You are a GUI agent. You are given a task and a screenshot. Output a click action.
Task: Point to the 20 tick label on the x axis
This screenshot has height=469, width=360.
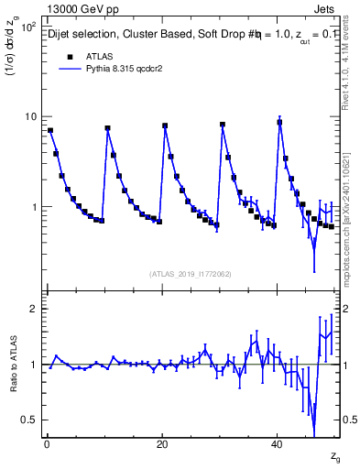tap(162, 444)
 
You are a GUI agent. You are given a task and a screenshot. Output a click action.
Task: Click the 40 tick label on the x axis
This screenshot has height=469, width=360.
tap(277, 444)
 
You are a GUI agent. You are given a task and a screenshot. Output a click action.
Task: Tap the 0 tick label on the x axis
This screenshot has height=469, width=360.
tap(47, 444)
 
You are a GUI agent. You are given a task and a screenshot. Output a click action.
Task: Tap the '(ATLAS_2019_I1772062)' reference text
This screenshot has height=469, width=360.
tap(190, 274)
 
